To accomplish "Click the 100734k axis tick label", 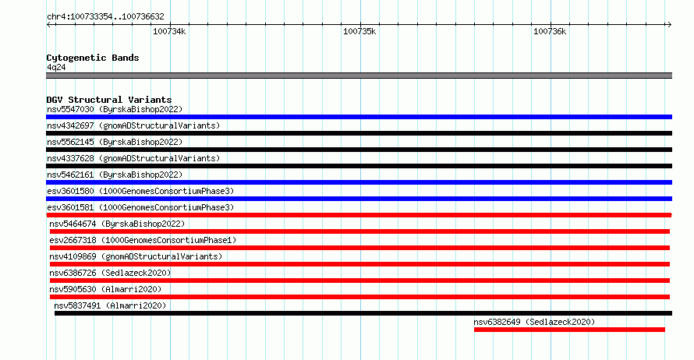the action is point(169,31).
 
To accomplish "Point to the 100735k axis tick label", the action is point(359,31).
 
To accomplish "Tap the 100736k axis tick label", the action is point(550,31).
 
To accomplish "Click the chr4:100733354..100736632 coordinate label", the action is point(105,17).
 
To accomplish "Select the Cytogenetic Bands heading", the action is point(93,58).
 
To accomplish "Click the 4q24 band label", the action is point(56,67).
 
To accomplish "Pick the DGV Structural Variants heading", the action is point(109,100).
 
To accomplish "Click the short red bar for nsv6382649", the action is point(569,330).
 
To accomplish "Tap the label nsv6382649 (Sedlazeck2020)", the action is point(534,322).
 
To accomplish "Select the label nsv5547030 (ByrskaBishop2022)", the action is point(115,109).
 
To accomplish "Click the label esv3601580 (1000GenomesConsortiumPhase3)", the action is point(140,191).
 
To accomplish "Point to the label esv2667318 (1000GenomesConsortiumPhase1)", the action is point(143,240).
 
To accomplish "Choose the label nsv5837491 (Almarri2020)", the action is point(110,305).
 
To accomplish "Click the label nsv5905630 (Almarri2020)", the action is point(105,289).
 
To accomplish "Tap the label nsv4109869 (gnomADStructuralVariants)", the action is point(136,256).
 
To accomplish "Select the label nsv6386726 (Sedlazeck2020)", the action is point(110,273).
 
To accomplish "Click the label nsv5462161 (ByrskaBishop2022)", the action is point(115,175).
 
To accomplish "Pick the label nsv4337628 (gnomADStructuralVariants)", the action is point(133,158).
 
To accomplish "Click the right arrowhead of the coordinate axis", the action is point(670,25).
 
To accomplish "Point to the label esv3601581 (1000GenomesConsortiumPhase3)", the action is point(140,207).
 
